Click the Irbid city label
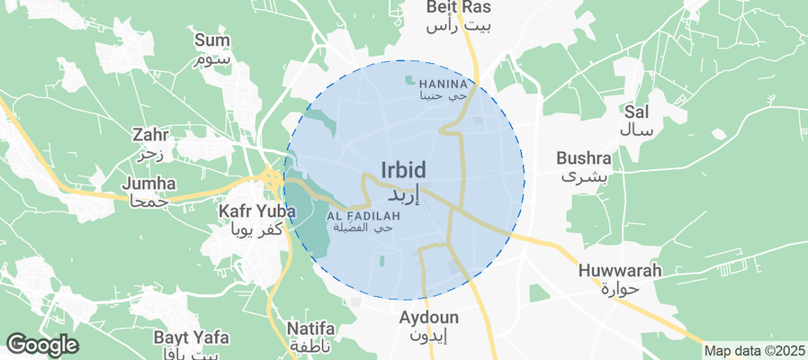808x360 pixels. [x=403, y=169]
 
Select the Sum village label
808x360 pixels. [x=212, y=40]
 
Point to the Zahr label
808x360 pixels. [x=150, y=135]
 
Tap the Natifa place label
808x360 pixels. [x=310, y=328]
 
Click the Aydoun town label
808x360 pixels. [x=428, y=318]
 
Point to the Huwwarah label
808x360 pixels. [x=620, y=270]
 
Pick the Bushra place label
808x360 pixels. [x=583, y=157]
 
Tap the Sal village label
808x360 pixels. [x=636, y=112]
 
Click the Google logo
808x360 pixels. [x=42, y=344]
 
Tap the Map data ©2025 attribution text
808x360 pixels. [x=754, y=351]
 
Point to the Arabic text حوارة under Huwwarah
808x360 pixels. [x=620, y=289]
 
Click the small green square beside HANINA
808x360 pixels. [x=410, y=80]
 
